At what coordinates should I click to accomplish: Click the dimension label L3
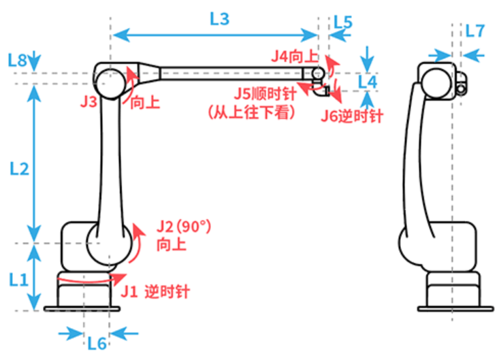tap(219, 19)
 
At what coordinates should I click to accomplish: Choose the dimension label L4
tap(367, 82)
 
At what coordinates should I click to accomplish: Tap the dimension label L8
tap(18, 61)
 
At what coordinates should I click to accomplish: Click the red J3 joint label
tap(88, 103)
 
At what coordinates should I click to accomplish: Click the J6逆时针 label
tap(352, 116)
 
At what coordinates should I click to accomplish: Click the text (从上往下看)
tap(252, 113)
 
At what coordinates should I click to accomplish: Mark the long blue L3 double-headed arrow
tap(214, 33)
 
